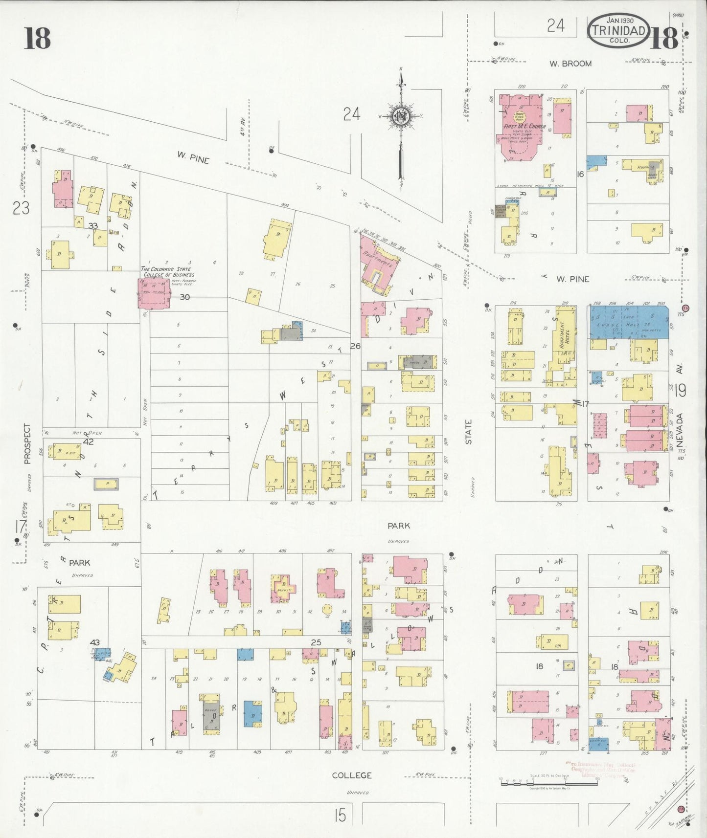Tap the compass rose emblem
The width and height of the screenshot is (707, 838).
click(x=401, y=116)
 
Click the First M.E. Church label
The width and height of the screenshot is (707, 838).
click(x=525, y=126)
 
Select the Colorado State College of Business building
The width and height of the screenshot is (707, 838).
click(x=154, y=293)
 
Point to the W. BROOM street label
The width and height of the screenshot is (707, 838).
click(x=570, y=64)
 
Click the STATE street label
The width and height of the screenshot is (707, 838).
click(x=469, y=432)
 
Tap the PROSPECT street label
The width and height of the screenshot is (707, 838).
click(x=27, y=443)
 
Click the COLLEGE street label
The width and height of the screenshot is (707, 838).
click(x=351, y=775)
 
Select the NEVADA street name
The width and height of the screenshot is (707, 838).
click(x=680, y=430)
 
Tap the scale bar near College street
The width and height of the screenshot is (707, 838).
click(x=549, y=784)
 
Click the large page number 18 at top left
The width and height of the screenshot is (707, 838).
click(x=37, y=38)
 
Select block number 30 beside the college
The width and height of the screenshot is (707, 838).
click(x=184, y=297)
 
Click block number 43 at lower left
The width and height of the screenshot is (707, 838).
click(x=95, y=642)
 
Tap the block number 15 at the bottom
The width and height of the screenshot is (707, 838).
click(x=340, y=815)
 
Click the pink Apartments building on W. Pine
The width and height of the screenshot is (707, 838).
click(x=379, y=265)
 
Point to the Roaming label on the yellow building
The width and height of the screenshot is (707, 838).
click(x=645, y=167)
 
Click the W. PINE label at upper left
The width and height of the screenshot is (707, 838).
click(x=193, y=157)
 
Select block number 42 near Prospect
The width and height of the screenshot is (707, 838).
click(x=89, y=441)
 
